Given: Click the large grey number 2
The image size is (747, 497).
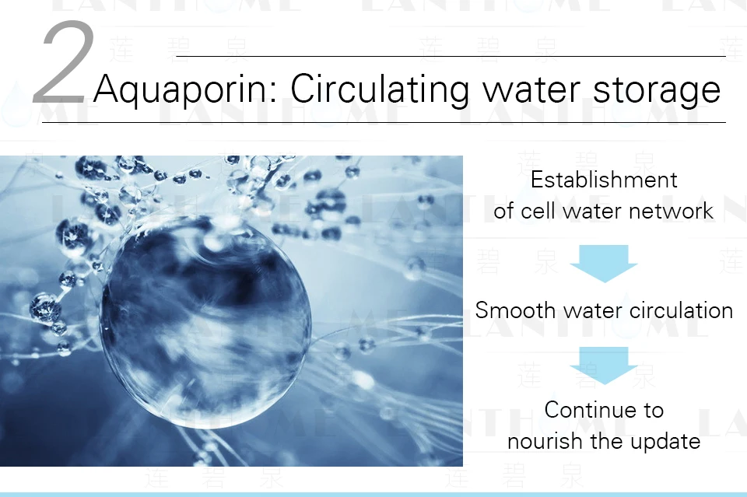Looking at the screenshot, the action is pyautogui.click(x=64, y=62).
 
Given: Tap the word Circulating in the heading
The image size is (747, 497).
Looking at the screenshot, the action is pyautogui.click(x=380, y=89).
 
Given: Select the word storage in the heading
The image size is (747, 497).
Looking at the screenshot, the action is pyautogui.click(x=657, y=90).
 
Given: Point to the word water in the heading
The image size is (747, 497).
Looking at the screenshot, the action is pyautogui.click(x=531, y=89).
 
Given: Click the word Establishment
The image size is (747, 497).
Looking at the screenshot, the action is pyautogui.click(x=604, y=180).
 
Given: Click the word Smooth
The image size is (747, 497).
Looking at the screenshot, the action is pyautogui.click(x=515, y=310).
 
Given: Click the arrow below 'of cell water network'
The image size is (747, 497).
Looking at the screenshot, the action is pyautogui.click(x=604, y=263).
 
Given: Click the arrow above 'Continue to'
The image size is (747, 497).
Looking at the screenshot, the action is pyautogui.click(x=604, y=365).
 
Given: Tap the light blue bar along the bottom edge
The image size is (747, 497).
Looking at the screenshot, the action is pyautogui.click(x=373, y=495).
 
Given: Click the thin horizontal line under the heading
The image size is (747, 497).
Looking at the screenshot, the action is pyautogui.click(x=384, y=122).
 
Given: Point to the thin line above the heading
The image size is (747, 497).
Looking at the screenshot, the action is pyautogui.click(x=451, y=56).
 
